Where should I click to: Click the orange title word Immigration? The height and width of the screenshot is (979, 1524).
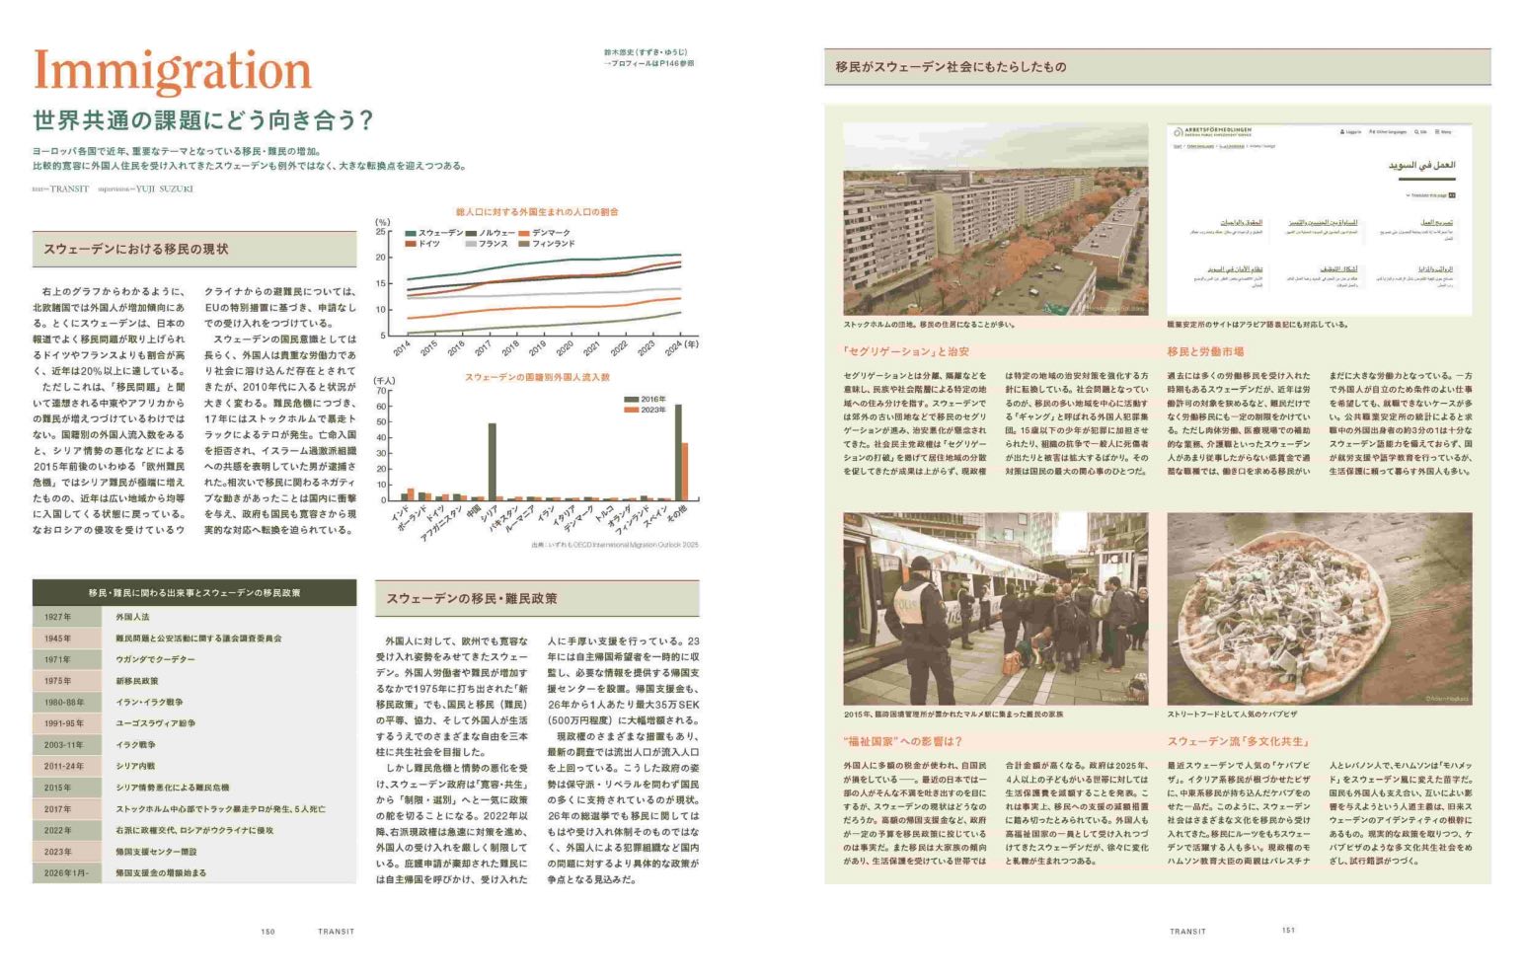tap(173, 71)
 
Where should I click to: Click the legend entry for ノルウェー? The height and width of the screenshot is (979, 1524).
tap(495, 233)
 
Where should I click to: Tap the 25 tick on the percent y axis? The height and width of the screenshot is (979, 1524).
tap(382, 232)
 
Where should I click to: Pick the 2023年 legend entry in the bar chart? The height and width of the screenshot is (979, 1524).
tap(651, 410)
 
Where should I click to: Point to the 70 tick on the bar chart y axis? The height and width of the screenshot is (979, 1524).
tap(381, 391)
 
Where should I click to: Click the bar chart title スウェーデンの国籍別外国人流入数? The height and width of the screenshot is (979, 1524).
tap(537, 377)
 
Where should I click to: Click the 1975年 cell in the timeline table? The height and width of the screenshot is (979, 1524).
tap(58, 681)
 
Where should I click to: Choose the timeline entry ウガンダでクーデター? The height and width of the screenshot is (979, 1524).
tap(155, 659)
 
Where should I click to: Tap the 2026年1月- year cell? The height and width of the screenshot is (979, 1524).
tap(66, 872)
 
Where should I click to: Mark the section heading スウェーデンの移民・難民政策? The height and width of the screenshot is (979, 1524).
tap(472, 598)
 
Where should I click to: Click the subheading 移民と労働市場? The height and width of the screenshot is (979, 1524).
tap(1205, 351)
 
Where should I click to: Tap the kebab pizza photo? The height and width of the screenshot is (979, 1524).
tap(1319, 608)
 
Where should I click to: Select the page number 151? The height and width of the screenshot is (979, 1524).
tap(1288, 930)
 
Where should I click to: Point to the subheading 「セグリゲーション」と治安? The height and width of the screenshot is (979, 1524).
tap(906, 351)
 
